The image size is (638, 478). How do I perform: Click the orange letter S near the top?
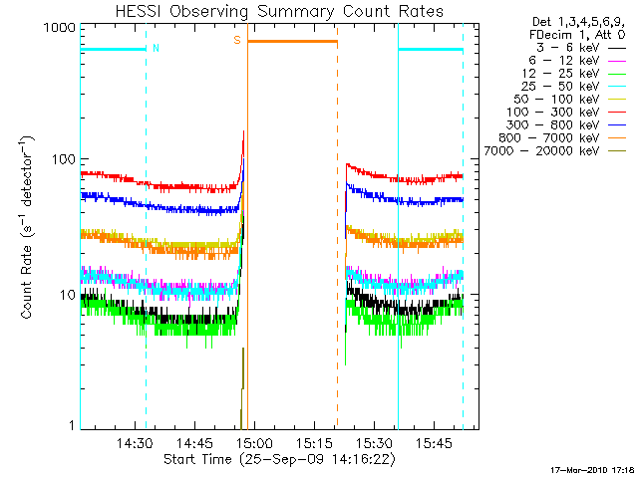click(237, 40)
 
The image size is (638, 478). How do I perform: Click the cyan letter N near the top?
click(156, 47)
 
